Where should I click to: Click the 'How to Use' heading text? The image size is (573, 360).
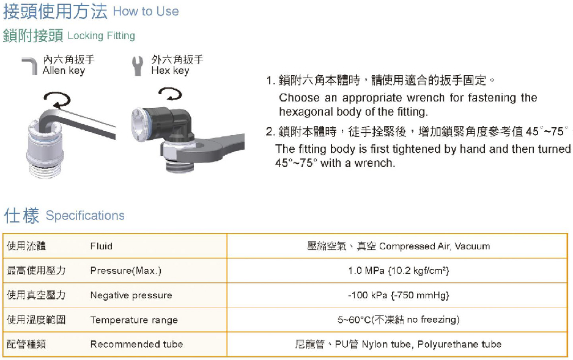(146, 12)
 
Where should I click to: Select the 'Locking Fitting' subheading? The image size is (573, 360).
(102, 36)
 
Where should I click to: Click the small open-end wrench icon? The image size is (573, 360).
(138, 66)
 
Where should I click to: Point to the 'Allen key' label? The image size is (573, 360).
(64, 70)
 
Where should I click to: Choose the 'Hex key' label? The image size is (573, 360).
(170, 70)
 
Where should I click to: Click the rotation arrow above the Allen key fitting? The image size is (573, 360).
(57, 99)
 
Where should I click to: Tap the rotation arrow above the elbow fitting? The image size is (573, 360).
(170, 94)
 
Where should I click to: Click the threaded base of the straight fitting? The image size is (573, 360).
(46, 169)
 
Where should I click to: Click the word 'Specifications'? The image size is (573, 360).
(85, 215)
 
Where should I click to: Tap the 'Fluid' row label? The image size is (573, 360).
(102, 246)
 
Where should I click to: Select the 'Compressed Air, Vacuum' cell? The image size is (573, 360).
(435, 246)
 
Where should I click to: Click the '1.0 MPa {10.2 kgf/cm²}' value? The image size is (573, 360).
(398, 271)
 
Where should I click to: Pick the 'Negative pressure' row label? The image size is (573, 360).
(131, 295)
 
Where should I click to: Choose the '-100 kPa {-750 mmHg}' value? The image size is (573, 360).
(398, 295)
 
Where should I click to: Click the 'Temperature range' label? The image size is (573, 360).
(134, 320)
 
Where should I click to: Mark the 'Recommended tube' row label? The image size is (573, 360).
(136, 344)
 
